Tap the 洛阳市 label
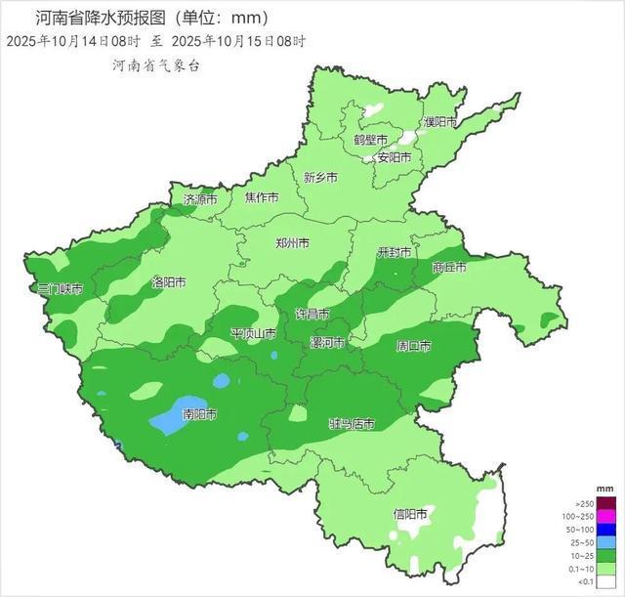click(x=168, y=282)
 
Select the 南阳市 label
click(x=200, y=414)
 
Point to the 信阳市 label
click(x=409, y=513)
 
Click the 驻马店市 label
click(x=352, y=423)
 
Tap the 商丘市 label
click(x=449, y=267)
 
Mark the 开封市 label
click(x=396, y=251)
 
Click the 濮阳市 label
click(x=440, y=122)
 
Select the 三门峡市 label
click(x=60, y=289)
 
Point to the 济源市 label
click(x=202, y=199)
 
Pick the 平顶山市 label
click(x=253, y=334)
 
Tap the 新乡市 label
click(x=320, y=178)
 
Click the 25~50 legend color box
click(x=605, y=540)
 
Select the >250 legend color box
click(x=605, y=502)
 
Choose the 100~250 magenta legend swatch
click(x=605, y=515)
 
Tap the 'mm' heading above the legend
click(x=604, y=487)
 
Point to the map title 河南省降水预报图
click(x=97, y=18)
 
